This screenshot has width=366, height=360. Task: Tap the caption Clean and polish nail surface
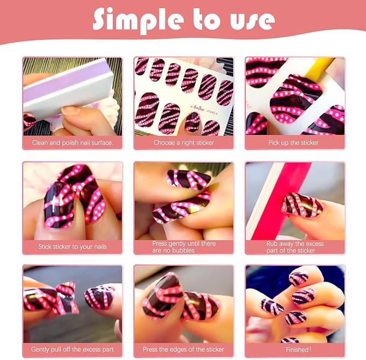(73, 143)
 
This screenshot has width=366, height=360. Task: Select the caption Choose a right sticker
(183, 143)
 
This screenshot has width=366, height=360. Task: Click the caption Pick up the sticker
(293, 143)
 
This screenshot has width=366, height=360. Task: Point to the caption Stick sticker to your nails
(72, 247)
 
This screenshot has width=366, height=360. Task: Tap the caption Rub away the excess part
(295, 247)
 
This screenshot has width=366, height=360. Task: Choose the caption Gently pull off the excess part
(72, 350)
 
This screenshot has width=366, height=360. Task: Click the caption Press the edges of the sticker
(183, 350)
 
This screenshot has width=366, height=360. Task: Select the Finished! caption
(295, 350)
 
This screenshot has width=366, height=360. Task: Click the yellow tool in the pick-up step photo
(326, 67)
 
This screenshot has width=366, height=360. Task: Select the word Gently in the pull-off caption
(41, 350)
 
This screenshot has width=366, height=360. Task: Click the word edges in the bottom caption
(183, 350)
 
